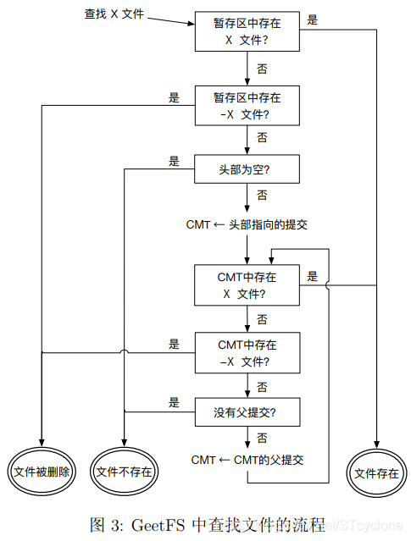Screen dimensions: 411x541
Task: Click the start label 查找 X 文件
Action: point(114,14)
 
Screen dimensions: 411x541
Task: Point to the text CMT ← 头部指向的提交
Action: point(247,224)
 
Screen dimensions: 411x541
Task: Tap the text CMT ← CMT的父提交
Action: point(247,460)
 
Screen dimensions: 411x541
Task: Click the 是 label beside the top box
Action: point(312,19)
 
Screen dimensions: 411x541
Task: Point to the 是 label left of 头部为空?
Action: point(174,161)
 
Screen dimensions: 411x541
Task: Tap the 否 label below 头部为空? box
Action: point(262,196)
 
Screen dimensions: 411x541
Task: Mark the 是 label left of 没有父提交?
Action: point(174,402)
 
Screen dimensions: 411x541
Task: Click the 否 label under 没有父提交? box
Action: point(262,439)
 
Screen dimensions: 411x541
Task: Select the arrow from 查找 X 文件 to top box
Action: point(171,20)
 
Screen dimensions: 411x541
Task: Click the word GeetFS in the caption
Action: point(158,525)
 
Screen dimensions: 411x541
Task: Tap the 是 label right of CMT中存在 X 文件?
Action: point(312,276)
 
